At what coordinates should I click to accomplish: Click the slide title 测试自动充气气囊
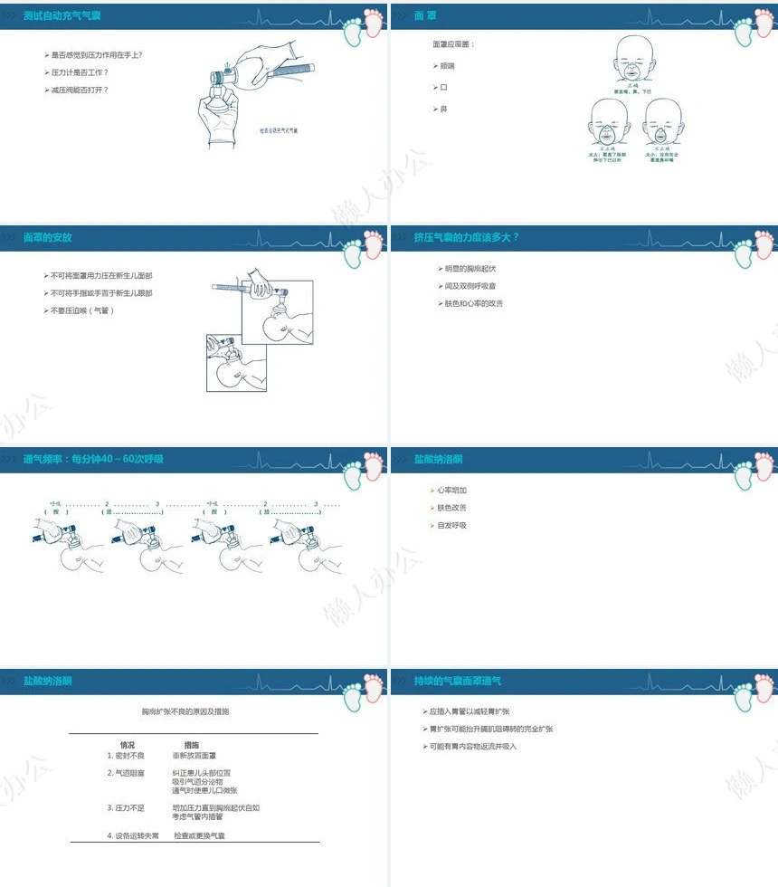(61, 16)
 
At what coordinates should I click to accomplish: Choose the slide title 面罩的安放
(47, 237)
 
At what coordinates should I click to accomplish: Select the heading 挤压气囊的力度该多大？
(467, 237)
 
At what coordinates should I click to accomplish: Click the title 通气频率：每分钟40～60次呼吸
(93, 459)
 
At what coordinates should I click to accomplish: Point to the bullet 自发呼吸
(451, 525)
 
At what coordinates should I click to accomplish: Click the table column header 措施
(192, 745)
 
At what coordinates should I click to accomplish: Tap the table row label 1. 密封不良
(126, 755)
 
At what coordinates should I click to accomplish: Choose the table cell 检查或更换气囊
(199, 835)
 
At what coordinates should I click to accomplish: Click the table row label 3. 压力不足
(126, 807)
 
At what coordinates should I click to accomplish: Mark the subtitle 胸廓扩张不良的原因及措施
(191, 711)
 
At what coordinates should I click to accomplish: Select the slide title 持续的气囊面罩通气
(457, 681)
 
